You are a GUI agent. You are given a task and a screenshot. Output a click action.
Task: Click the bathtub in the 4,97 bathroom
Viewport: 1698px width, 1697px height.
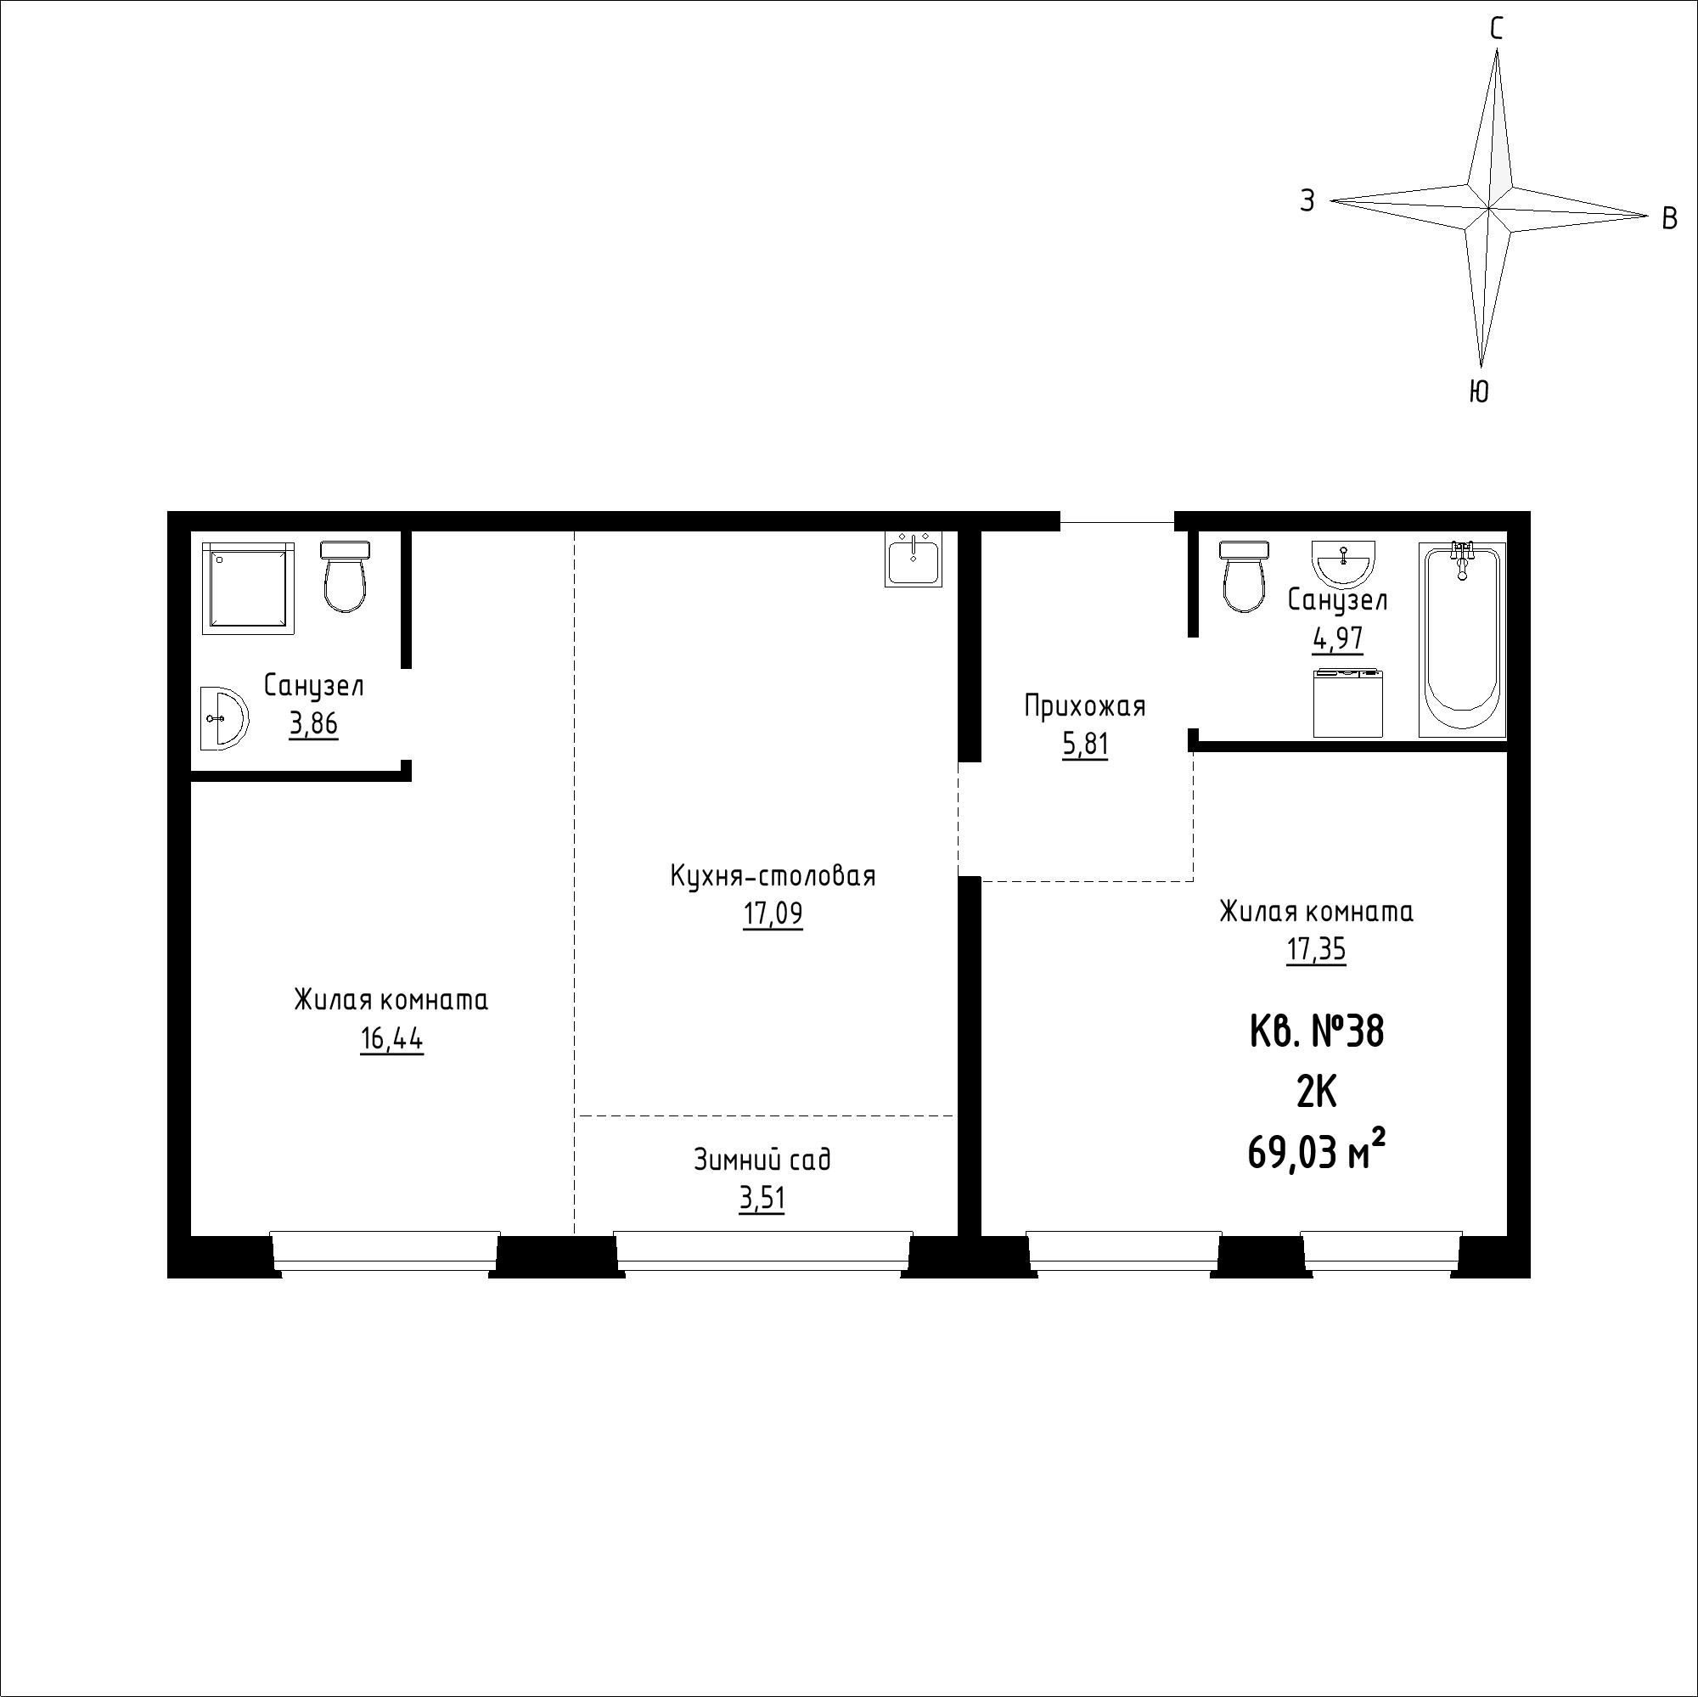(x=1463, y=639)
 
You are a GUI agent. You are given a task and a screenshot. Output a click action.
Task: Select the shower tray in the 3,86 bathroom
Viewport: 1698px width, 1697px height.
(x=248, y=587)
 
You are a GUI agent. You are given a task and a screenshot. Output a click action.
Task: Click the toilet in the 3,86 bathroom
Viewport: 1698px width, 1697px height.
(x=346, y=576)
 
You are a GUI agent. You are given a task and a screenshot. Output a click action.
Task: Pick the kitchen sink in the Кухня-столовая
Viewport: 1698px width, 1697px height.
(x=914, y=559)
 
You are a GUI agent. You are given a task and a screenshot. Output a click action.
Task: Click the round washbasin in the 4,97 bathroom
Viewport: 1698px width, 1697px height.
(x=1344, y=564)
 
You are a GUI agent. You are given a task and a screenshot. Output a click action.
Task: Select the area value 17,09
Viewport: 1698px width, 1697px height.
(x=773, y=916)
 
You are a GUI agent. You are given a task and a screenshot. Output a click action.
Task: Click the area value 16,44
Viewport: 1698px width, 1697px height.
(x=391, y=1041)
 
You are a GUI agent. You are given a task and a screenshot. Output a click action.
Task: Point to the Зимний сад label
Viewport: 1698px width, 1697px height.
(x=762, y=1160)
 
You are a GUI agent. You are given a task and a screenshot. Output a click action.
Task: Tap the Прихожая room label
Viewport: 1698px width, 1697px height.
(x=1084, y=705)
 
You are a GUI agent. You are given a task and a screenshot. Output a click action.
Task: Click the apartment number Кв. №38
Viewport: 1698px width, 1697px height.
(x=1317, y=1031)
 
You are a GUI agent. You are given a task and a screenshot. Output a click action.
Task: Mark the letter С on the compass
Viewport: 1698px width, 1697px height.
(x=1496, y=30)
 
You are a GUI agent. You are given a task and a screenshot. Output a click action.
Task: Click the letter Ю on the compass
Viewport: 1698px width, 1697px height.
(x=1479, y=391)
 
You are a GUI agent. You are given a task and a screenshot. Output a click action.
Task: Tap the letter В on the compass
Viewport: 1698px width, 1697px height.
(x=1670, y=218)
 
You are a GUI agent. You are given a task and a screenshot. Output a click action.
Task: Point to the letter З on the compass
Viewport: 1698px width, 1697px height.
(x=1307, y=201)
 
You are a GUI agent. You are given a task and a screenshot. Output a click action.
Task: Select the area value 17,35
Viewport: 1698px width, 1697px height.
(x=1316, y=951)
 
